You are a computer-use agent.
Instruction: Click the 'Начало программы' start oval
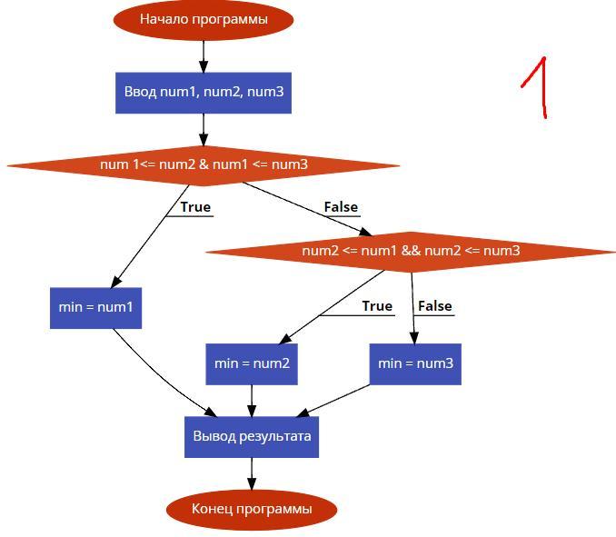204,19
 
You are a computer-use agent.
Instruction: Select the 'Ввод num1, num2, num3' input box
204,92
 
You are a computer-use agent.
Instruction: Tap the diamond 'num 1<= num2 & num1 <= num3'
204,164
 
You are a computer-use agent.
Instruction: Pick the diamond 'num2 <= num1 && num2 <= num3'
411,251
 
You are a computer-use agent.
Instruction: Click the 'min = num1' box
95,307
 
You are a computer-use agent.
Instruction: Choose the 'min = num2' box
252,363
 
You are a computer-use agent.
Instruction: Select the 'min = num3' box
415,363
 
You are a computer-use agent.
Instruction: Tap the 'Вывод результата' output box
252,436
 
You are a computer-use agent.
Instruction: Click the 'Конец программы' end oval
252,509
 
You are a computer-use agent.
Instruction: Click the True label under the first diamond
195,207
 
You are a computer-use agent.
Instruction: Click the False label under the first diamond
341,207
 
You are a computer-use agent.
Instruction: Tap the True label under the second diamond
377,306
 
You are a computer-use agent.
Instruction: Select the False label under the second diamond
435,306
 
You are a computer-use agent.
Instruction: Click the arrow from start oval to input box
204,54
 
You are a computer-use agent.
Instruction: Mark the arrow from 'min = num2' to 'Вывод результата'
252,400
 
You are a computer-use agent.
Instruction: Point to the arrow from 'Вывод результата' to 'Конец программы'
252,473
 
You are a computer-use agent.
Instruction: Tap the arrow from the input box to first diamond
204,129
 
